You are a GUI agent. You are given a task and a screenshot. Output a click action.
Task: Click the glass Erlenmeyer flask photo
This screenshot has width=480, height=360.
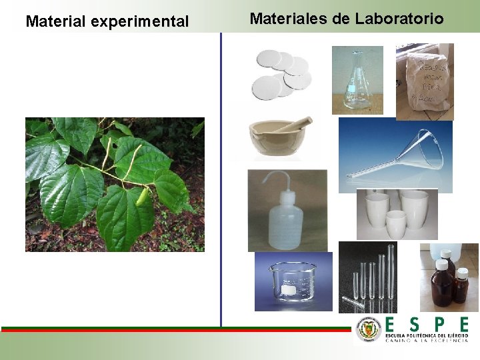coord(357,80)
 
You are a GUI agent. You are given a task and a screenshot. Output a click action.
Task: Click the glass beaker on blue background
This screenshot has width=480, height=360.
coord(293,281)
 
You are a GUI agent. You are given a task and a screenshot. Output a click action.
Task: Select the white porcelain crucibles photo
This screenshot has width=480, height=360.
coord(397,213)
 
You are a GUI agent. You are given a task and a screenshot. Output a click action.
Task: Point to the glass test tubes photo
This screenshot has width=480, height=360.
coord(376,277)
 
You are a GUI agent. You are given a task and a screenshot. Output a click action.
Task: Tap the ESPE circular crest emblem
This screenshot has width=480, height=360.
coord(368,329)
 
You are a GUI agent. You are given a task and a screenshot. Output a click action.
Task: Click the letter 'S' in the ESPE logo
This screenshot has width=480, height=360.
coord(415,325)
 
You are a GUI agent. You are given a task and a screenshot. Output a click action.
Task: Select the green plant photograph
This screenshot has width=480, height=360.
coord(115,185)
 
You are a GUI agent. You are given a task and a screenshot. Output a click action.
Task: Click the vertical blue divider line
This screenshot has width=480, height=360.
coord(221,180)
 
